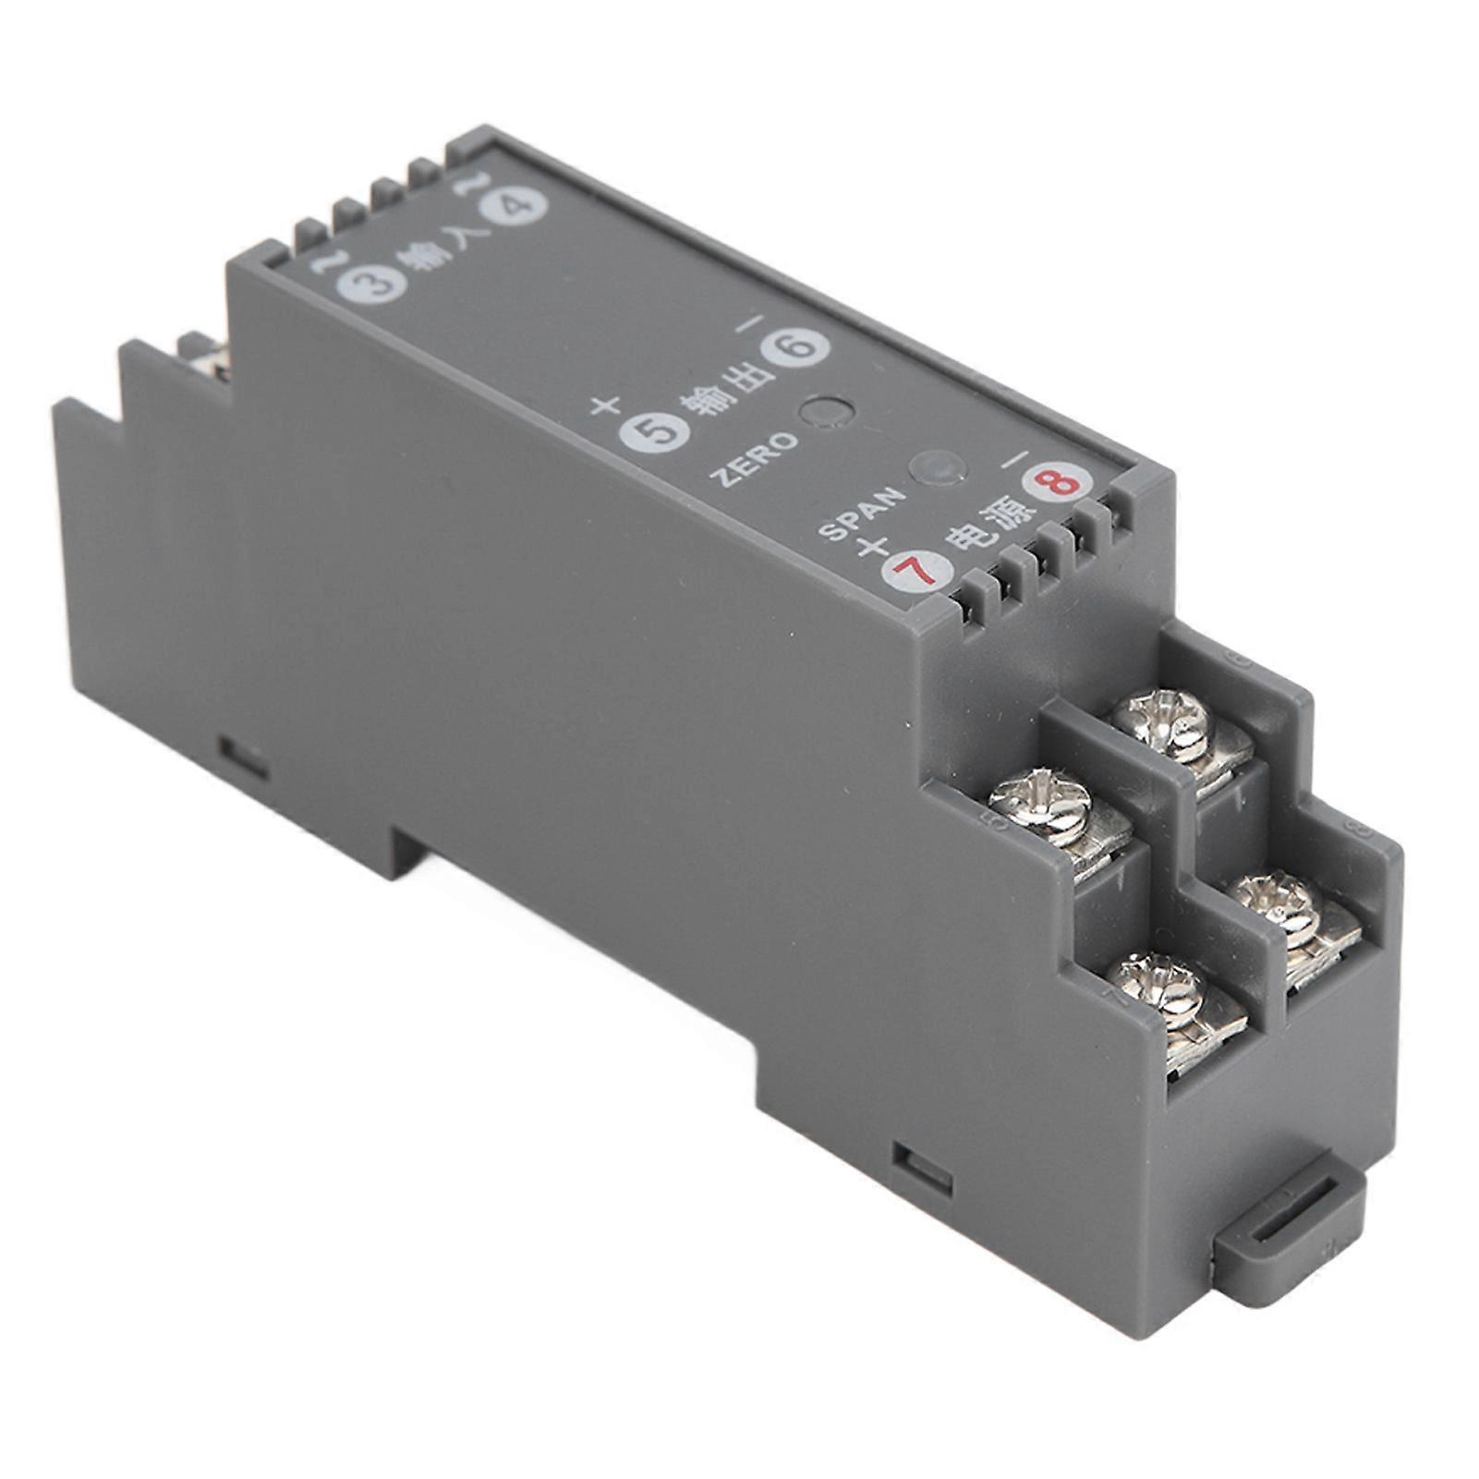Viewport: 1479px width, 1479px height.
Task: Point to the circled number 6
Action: (794, 346)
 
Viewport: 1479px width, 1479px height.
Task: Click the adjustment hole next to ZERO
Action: (825, 413)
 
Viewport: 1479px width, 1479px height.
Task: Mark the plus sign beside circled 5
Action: (606, 405)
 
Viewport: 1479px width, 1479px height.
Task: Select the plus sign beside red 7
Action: (871, 547)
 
